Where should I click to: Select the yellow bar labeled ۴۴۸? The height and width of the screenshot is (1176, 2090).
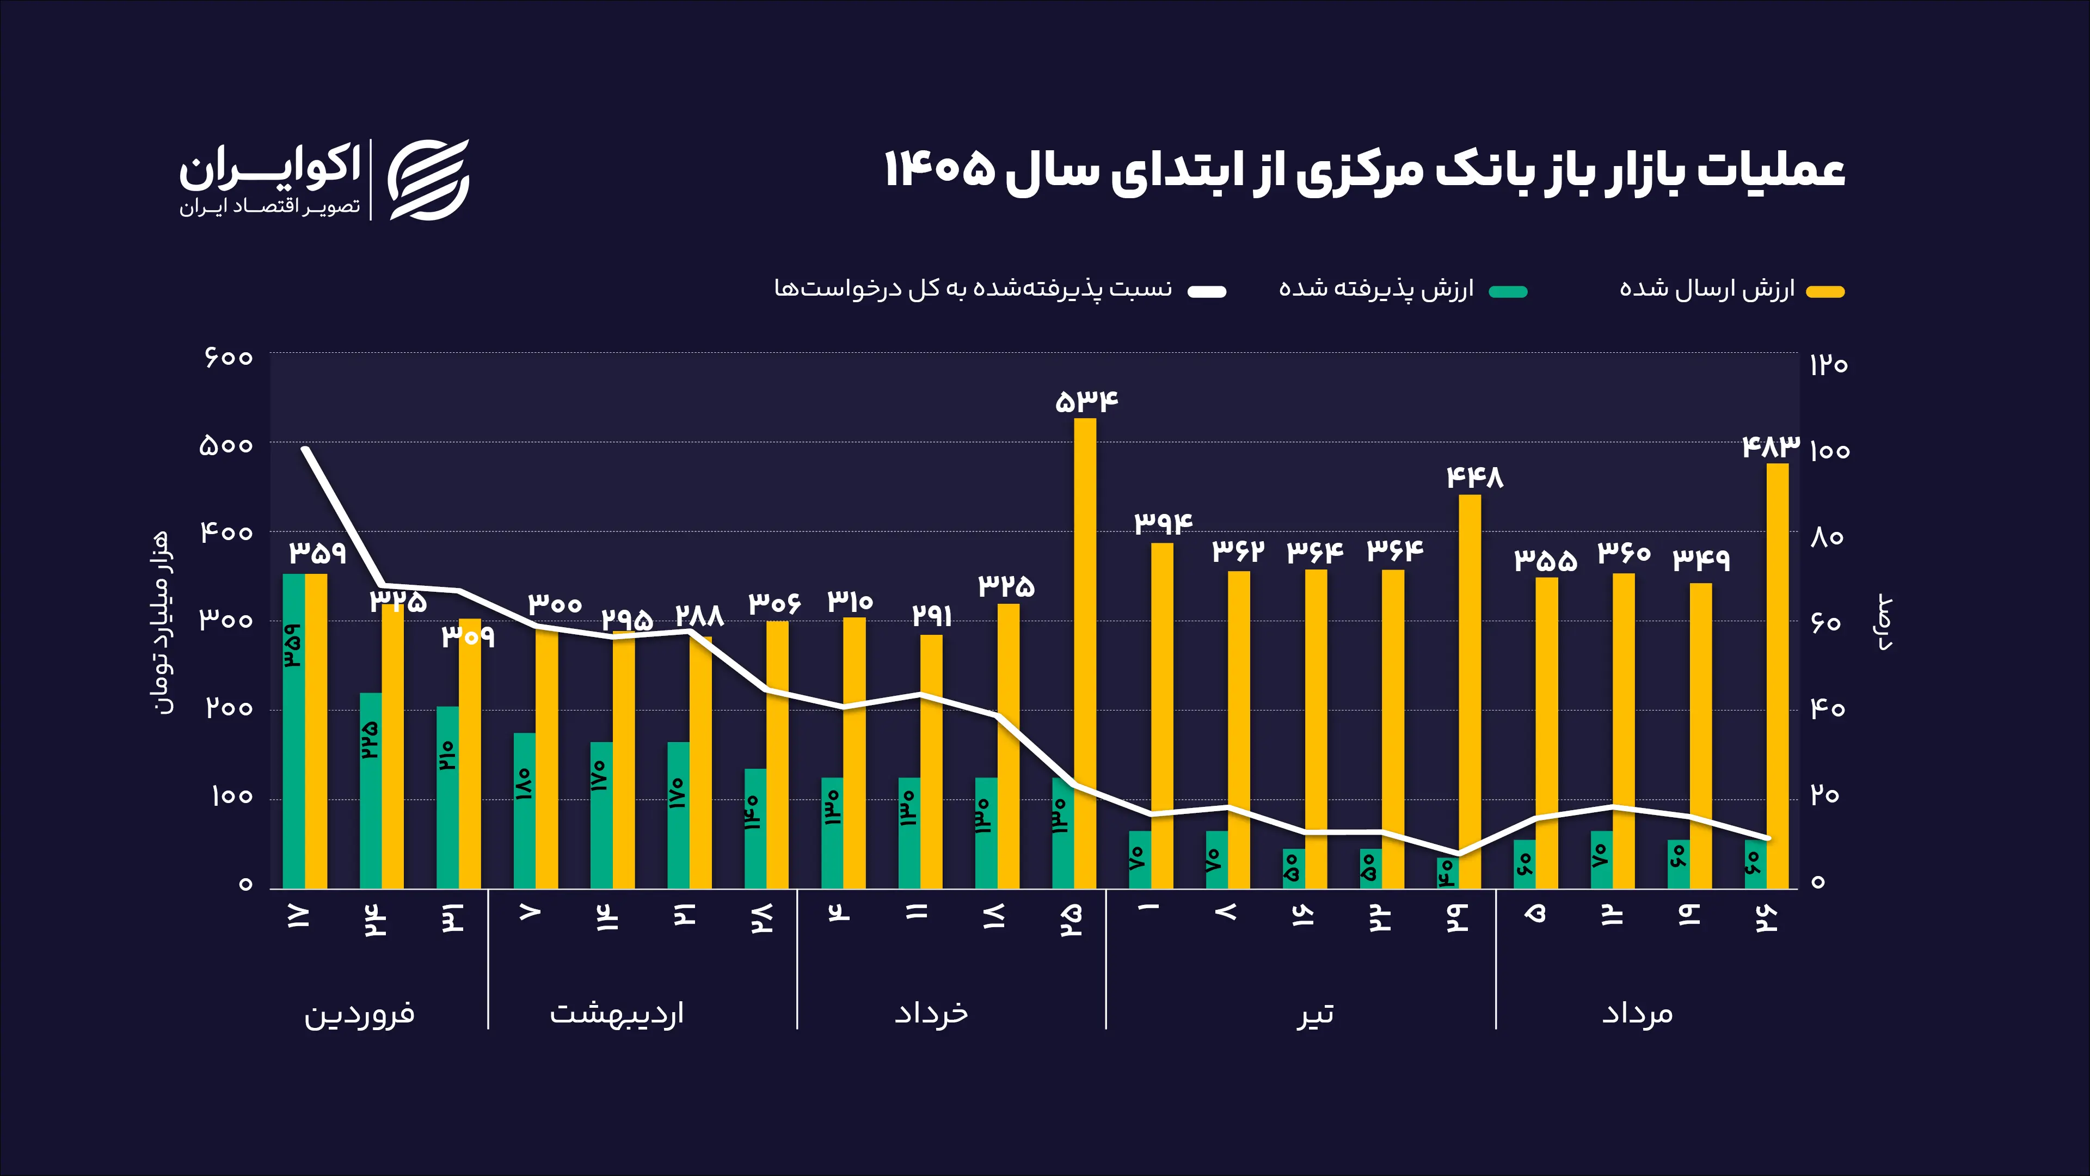tap(1470, 691)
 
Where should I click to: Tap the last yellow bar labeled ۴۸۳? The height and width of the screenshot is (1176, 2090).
tap(1777, 676)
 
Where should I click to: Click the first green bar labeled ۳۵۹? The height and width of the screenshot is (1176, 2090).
tap(294, 731)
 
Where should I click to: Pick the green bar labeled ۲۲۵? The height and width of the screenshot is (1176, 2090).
tap(371, 791)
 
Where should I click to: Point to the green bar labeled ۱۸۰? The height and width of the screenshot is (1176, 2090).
tap(524, 811)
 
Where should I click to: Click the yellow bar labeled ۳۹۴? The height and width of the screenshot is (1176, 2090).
tap(1162, 716)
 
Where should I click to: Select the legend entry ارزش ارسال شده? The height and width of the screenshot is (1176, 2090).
tap(1731, 290)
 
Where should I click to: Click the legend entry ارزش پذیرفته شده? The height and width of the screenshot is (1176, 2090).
tap(1403, 290)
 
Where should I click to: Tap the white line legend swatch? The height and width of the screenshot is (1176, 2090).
tap(1207, 291)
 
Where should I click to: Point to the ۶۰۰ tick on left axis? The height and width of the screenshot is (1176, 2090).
tap(229, 357)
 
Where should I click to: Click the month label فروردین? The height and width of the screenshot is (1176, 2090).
tap(359, 1014)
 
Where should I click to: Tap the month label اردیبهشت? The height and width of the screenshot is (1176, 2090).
tap(617, 1014)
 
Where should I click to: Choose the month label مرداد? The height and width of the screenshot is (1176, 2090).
tap(1637, 1014)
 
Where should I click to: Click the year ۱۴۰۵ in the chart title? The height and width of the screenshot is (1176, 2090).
tap(939, 170)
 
